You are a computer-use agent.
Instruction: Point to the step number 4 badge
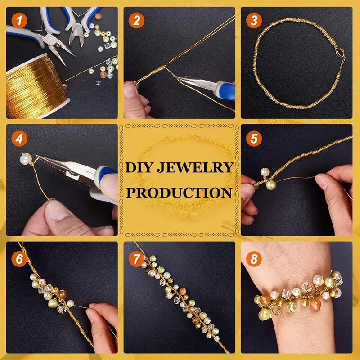point(18,138)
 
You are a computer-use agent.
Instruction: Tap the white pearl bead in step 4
point(25,158)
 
